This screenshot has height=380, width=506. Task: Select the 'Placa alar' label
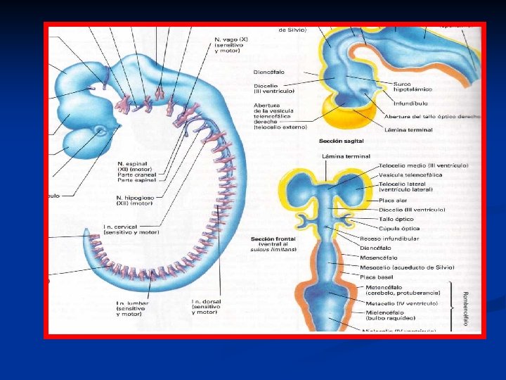point(375,200)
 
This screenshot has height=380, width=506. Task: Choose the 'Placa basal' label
point(375,277)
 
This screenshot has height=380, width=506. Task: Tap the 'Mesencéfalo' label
point(379,258)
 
